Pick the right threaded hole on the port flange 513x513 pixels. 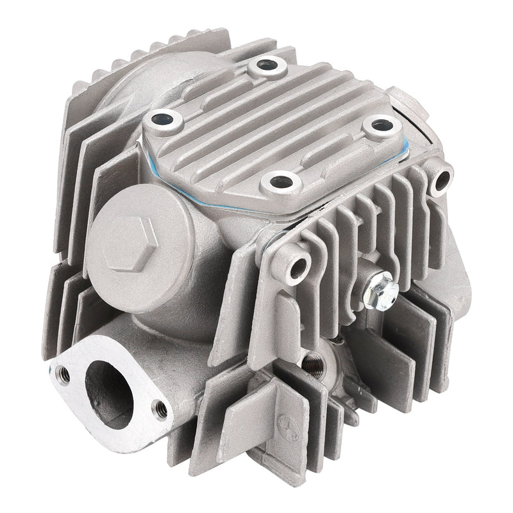click(x=160, y=407)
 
